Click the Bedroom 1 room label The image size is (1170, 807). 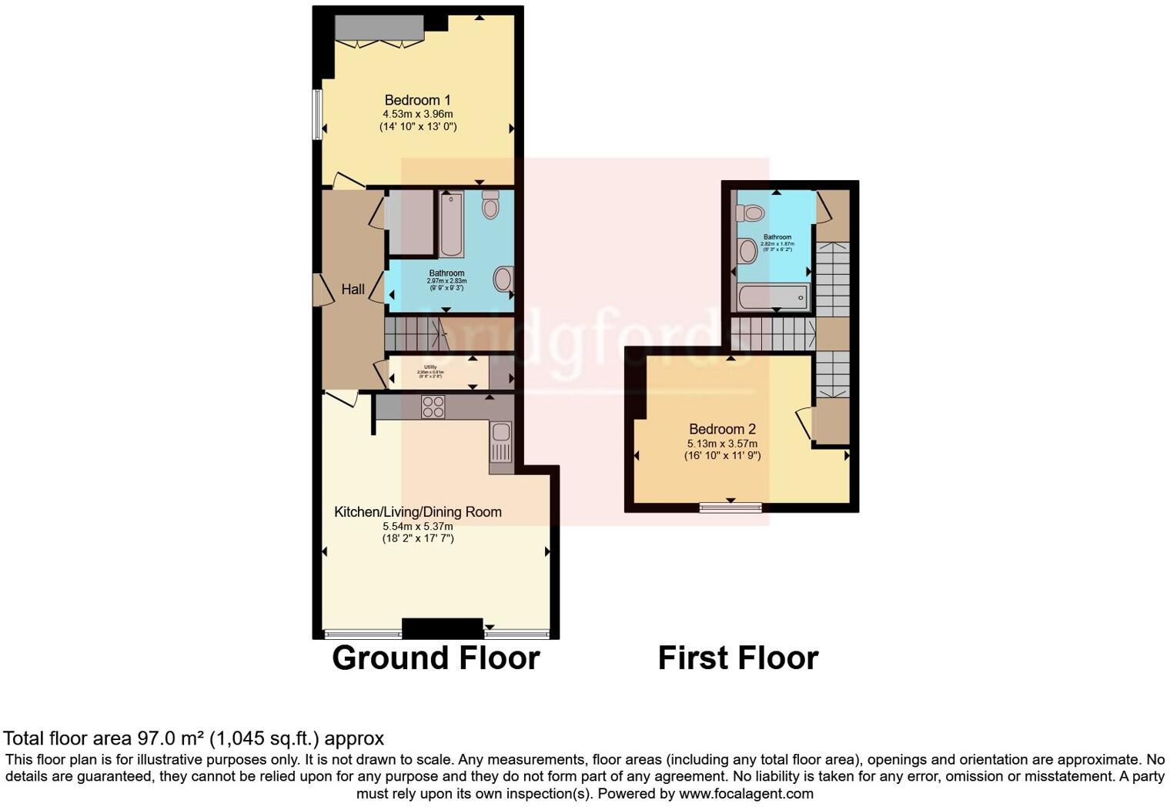pos(417,100)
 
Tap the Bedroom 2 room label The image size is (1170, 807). pos(722,429)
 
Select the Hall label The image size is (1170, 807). pos(353,290)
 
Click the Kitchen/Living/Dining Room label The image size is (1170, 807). pos(417,512)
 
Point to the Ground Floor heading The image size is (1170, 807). pos(436,658)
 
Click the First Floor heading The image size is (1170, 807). pos(737,658)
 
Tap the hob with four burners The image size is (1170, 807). pos(433,407)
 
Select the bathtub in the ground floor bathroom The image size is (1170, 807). pos(451,224)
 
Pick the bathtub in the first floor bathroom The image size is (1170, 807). pos(772,296)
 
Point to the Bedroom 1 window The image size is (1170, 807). pos(316,115)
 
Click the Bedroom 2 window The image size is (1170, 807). pos(730,507)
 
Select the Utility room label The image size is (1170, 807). pos(430,367)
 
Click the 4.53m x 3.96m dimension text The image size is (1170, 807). pos(417,114)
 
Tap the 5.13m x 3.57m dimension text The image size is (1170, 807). pos(722,444)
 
